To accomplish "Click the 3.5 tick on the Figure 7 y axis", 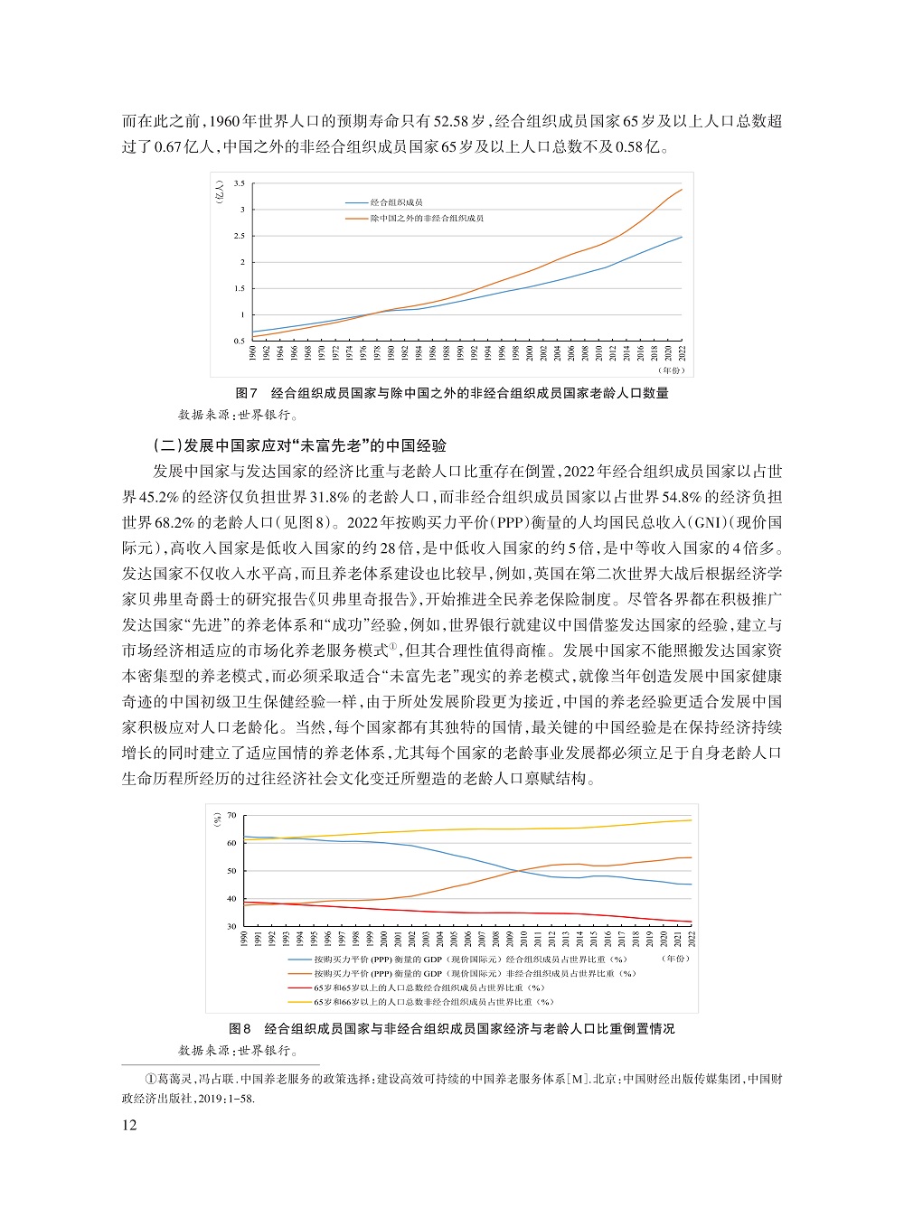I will [239, 183].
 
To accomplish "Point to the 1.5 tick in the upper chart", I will [239, 289].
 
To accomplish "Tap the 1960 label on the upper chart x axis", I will [253, 352].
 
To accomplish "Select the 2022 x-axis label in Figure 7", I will [682, 352].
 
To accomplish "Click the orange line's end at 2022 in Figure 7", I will [682, 190].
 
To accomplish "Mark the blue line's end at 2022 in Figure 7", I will [682, 237].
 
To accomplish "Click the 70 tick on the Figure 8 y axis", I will [232, 816].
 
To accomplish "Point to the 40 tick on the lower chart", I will [232, 899].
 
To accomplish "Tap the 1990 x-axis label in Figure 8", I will [244, 938].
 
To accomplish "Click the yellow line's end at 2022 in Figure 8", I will [692, 820].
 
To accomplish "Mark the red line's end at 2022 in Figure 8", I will [692, 922].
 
